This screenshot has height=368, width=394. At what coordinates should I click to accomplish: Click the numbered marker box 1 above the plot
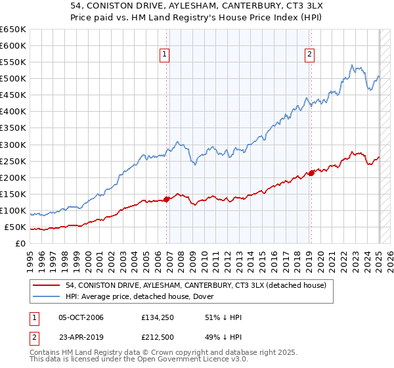(164, 55)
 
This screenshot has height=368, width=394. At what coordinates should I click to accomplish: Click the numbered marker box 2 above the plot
(309, 55)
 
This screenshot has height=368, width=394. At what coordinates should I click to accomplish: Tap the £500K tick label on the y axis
(13, 79)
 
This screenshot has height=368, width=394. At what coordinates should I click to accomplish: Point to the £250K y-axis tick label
(13, 161)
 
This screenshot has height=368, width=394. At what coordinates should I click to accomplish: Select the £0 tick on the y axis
(20, 244)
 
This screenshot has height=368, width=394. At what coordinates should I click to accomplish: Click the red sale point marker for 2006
(166, 199)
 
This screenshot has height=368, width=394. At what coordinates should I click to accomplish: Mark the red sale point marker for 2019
(311, 173)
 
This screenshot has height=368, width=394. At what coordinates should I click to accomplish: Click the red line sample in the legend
(47, 285)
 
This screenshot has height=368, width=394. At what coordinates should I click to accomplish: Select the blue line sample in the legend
(47, 296)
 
